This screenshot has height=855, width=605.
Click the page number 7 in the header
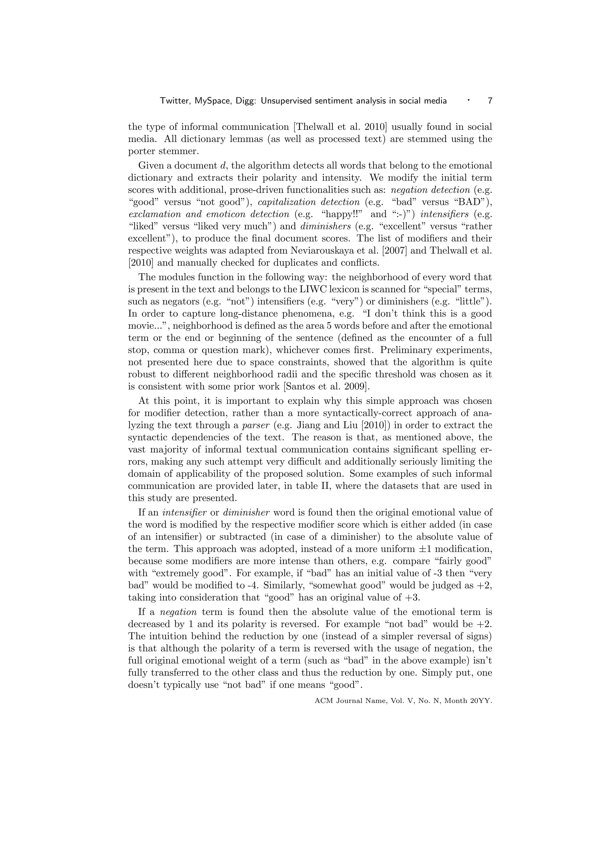490,101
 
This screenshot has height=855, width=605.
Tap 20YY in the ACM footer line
481,701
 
